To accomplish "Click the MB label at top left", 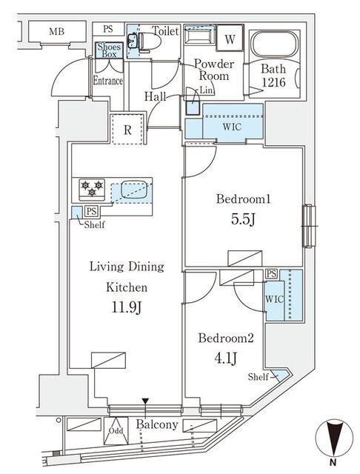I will tap(56, 31).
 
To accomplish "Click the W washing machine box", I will tap(230, 39).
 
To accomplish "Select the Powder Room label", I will tap(214, 70).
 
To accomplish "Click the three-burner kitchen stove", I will tap(90, 188).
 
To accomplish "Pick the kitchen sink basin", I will tap(133, 188).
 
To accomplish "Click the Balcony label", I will tap(157, 424).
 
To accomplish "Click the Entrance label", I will tap(108, 81).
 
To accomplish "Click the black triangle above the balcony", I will tap(146, 402).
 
